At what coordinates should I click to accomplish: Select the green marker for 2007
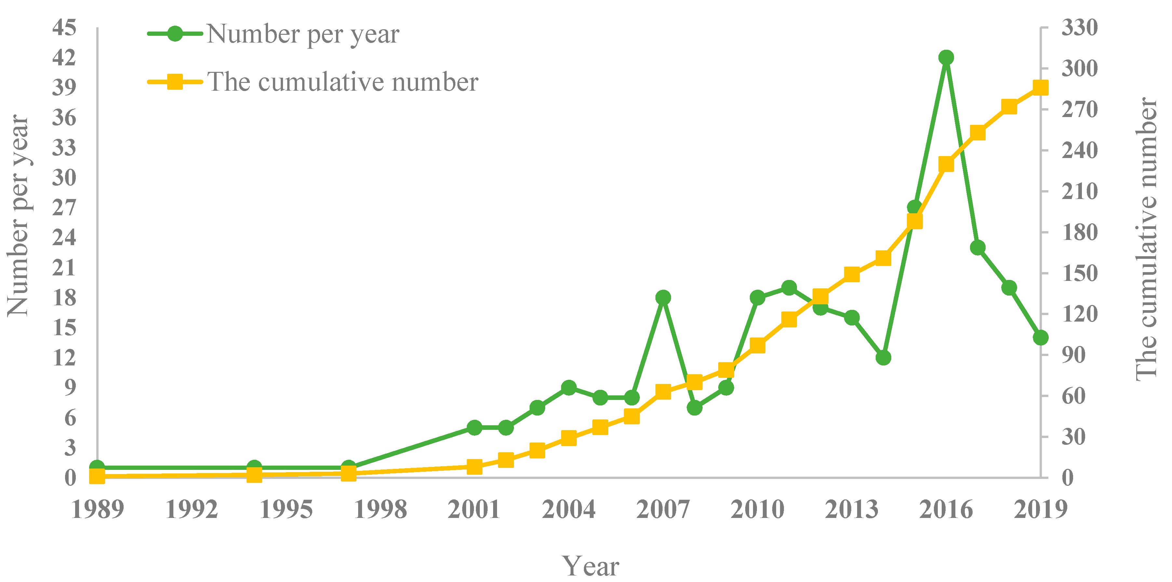pyautogui.click(x=663, y=298)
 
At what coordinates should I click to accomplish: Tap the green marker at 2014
pyautogui.click(x=883, y=358)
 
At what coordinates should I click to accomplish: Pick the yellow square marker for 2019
pyautogui.click(x=1041, y=87)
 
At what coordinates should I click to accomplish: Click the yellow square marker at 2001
pyautogui.click(x=475, y=467)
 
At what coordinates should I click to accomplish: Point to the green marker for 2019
pyautogui.click(x=1041, y=338)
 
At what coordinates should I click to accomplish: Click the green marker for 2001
pyautogui.click(x=475, y=428)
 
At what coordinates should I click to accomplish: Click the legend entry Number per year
pyautogui.click(x=303, y=34)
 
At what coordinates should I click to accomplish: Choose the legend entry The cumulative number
pyautogui.click(x=342, y=82)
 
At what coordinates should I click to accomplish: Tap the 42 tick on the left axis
pyautogui.click(x=64, y=58)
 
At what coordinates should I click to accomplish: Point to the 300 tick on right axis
pyautogui.click(x=1080, y=69)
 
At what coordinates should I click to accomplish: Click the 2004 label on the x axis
pyautogui.click(x=568, y=509)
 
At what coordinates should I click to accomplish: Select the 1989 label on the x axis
pyautogui.click(x=97, y=509)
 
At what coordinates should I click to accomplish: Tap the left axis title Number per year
pyautogui.click(x=18, y=216)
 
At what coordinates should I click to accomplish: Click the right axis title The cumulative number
pyautogui.click(x=1146, y=239)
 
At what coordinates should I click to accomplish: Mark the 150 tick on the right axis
pyautogui.click(x=1080, y=273)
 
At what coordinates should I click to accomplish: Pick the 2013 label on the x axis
pyautogui.click(x=851, y=509)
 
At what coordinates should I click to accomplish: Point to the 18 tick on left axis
pyautogui.click(x=64, y=298)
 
